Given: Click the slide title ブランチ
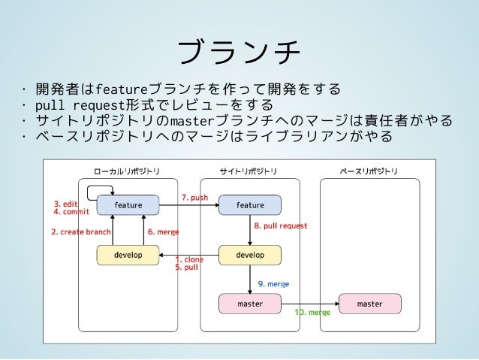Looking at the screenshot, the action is click(x=239, y=52).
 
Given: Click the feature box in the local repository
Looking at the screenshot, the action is click(x=128, y=205).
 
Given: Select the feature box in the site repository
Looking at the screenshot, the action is click(x=250, y=205).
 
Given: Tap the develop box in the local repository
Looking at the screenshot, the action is click(x=128, y=255).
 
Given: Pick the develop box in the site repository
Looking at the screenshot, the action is click(x=250, y=255).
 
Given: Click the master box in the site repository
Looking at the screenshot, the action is click(x=250, y=304).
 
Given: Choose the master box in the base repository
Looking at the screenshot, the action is click(x=370, y=304).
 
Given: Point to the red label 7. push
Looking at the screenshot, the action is click(x=195, y=198).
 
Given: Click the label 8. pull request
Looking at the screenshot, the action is click(x=281, y=225).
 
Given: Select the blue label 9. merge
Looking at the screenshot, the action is click(x=273, y=284).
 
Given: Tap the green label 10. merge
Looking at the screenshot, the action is click(x=312, y=313).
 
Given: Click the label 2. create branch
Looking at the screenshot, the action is click(x=81, y=231).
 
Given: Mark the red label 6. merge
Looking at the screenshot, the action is click(x=164, y=231).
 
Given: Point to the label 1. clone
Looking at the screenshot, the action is click(x=189, y=260).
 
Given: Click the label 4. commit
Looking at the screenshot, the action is click(x=72, y=212).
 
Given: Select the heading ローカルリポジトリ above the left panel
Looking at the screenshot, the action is click(x=127, y=171).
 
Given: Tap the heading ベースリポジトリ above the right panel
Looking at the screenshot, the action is click(x=369, y=171).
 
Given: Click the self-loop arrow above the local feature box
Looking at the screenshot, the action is click(x=88, y=192).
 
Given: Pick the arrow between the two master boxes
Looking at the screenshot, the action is click(x=310, y=304).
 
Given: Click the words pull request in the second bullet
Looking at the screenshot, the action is click(x=80, y=105).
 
